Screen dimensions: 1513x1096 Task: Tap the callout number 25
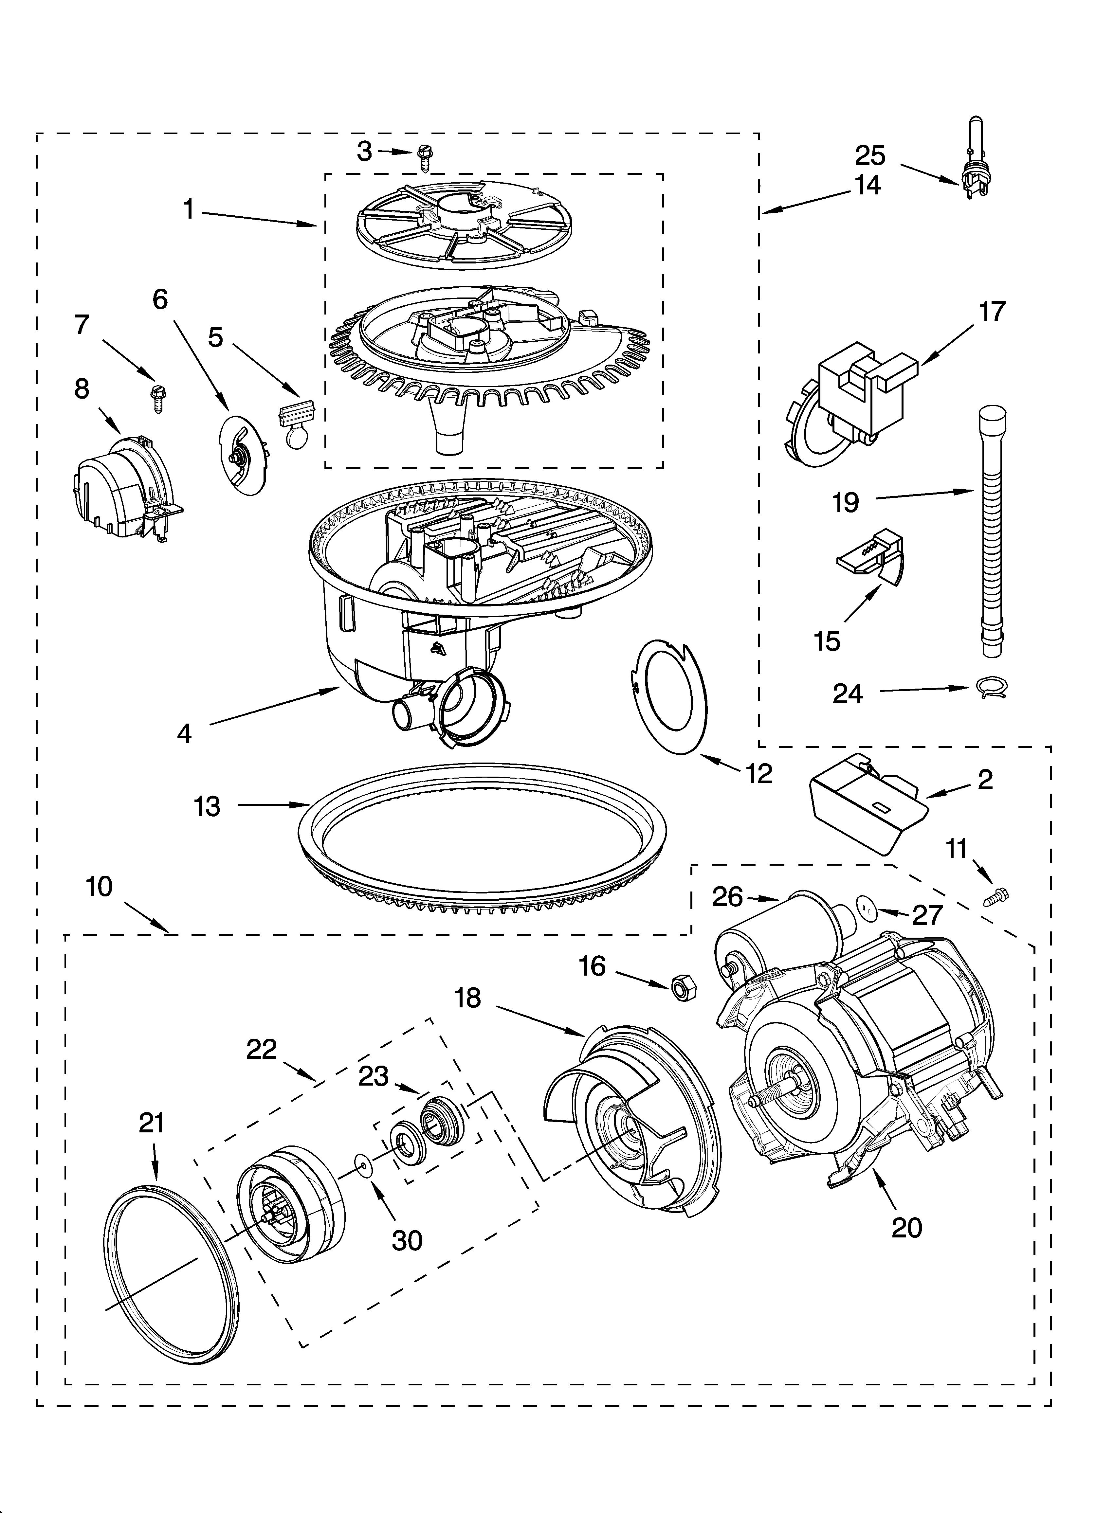point(870,155)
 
